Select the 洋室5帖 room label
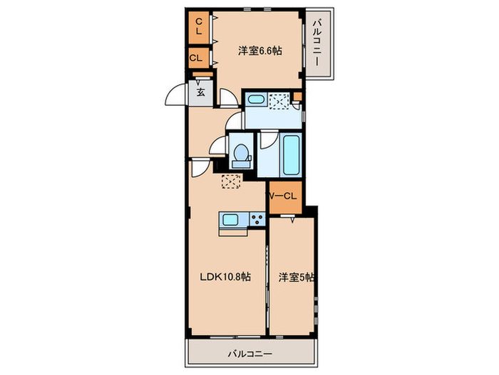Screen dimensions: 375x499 (294, 277)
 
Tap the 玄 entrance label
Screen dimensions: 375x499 (202, 91)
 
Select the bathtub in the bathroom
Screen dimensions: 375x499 (290, 155)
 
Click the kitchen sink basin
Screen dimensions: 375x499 (230, 220)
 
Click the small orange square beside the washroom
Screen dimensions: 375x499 (298, 96)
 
